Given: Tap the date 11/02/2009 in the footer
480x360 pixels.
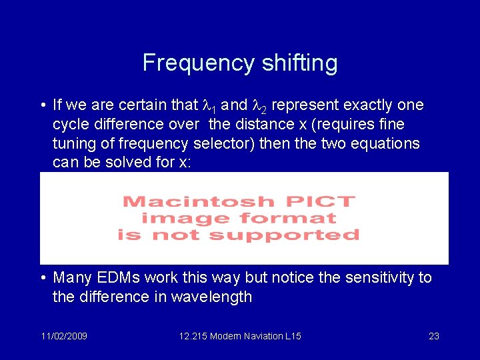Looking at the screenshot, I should pyautogui.click(x=65, y=336).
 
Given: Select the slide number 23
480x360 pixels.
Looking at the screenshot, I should pyautogui.click(x=433, y=336).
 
